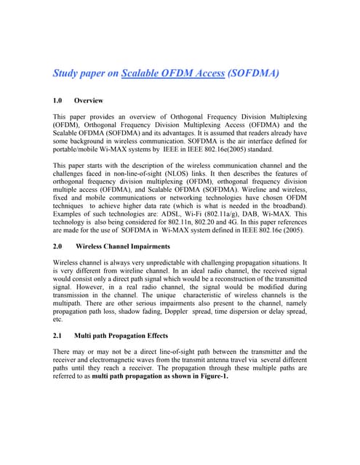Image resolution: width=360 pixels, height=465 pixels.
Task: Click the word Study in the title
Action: coord(67,73)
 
